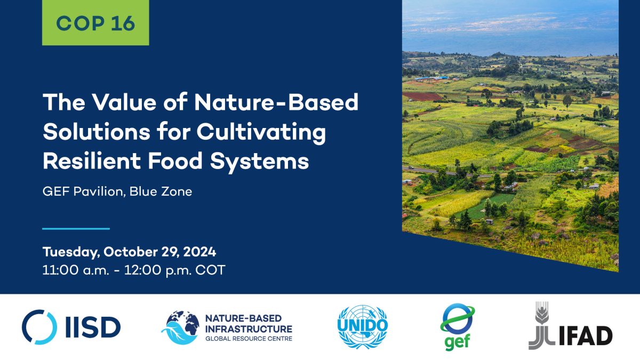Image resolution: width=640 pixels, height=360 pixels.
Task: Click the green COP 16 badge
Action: (x=95, y=23)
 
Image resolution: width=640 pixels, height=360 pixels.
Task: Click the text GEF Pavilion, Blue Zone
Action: (x=117, y=191)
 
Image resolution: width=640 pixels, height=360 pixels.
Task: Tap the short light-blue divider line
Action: (x=76, y=229)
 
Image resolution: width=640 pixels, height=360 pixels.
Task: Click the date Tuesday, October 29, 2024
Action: (x=129, y=252)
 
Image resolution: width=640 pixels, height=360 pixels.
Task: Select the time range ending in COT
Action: (x=133, y=270)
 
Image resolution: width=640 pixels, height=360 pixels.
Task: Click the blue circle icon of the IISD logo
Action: (x=39, y=327)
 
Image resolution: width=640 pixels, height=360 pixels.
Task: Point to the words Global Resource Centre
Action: (x=249, y=339)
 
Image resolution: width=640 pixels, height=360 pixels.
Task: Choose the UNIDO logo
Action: (x=362, y=327)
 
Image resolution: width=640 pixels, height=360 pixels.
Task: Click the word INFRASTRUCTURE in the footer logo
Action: (x=249, y=328)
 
